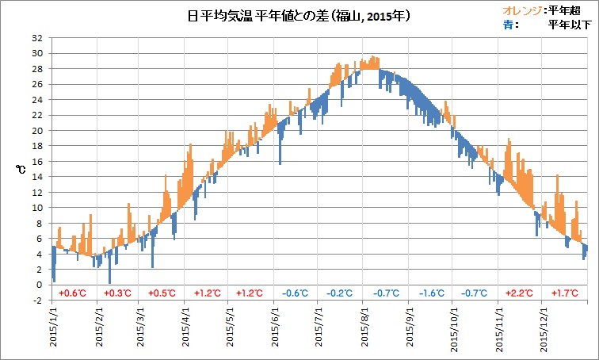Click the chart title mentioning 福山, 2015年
299,15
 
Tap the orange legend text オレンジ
524,10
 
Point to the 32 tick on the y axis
37,38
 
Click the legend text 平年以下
567,25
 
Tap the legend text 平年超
570,10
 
